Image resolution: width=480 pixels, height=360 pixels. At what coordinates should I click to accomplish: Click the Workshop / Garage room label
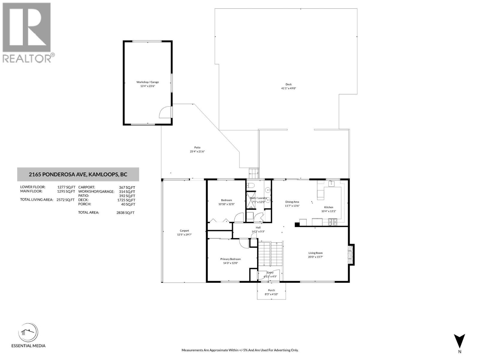pyautogui.click(x=148, y=82)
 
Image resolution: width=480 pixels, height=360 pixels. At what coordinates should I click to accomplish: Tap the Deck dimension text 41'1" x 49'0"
pyautogui.click(x=288, y=88)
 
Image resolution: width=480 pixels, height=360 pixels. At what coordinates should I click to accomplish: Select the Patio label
pyautogui.click(x=197, y=147)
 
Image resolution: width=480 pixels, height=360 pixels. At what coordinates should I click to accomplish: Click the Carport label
pyautogui.click(x=184, y=231)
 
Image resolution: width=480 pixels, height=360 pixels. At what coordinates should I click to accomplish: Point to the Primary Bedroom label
pyautogui.click(x=230, y=259)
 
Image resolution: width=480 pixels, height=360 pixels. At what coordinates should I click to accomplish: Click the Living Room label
pyautogui.click(x=315, y=253)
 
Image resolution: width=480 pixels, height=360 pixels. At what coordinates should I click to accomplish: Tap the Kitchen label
pyautogui.click(x=328, y=207)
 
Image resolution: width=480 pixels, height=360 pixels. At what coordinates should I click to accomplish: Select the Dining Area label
pyautogui.click(x=292, y=202)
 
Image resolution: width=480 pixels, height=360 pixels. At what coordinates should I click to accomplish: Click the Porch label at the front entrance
pyautogui.click(x=271, y=290)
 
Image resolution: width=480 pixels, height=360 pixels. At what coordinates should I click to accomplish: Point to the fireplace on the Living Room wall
pyautogui.click(x=351, y=254)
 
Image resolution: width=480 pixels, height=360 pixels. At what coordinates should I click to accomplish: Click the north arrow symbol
pyautogui.click(x=459, y=341)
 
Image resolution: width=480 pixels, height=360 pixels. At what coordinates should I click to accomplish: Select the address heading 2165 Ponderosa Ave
pyautogui.click(x=78, y=174)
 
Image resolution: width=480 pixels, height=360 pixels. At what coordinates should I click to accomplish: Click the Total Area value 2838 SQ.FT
pyautogui.click(x=125, y=212)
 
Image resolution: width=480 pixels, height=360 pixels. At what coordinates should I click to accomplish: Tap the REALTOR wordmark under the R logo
pyautogui.click(x=27, y=58)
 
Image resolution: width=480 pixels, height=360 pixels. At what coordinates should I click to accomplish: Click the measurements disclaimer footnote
pyautogui.click(x=240, y=350)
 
